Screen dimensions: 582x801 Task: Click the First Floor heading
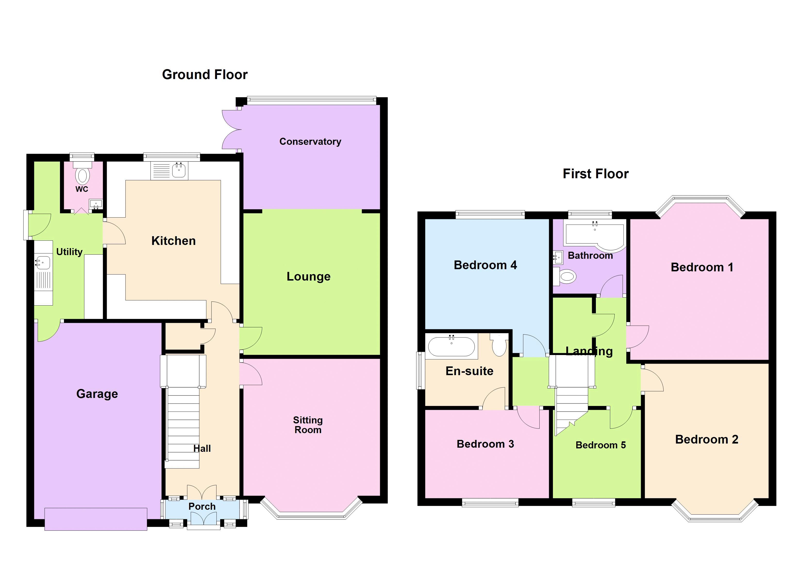[595, 174]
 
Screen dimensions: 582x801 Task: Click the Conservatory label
[310, 142]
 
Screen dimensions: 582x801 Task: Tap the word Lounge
[308, 276]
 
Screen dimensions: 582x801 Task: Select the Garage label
[97, 394]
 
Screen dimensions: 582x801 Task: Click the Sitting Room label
[308, 425]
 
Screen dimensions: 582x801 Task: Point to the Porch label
[202, 507]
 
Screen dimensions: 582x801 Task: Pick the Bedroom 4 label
[485, 265]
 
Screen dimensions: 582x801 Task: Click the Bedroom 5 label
[601, 445]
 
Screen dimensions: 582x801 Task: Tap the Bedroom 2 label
[706, 439]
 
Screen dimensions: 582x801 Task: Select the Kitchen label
[173, 241]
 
